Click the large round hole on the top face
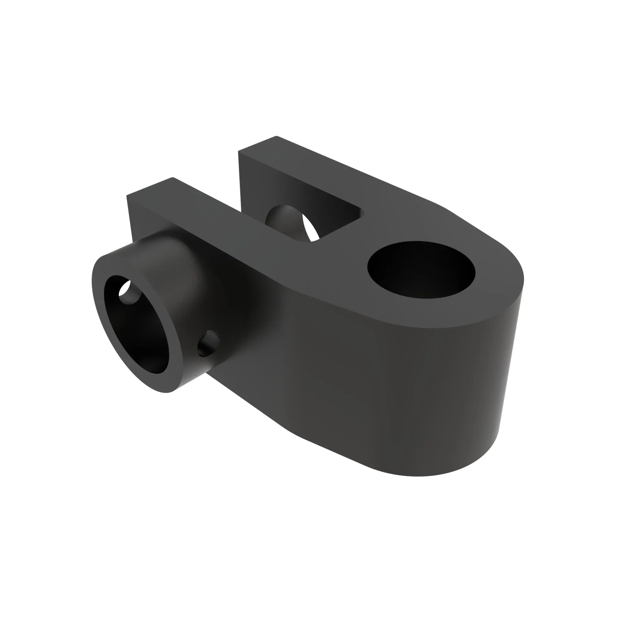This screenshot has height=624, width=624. (x=421, y=269)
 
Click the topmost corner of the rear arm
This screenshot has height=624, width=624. (x=276, y=137)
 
